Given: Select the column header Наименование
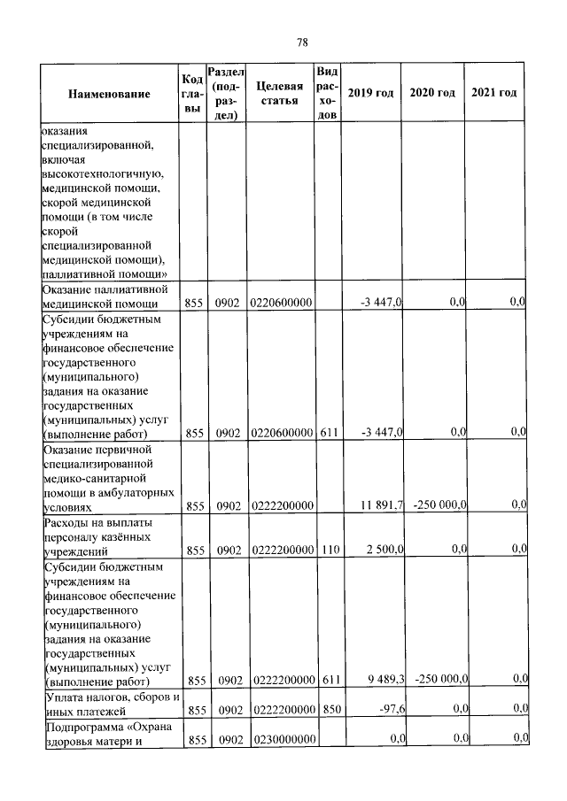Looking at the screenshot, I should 109,94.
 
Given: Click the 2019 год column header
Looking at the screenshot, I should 370,94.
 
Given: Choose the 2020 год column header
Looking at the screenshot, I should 432,94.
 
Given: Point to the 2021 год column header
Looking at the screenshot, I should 494,94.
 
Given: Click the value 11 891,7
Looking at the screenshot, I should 382,504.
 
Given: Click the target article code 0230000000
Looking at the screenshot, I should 281,739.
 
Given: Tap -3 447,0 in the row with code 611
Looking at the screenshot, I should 383,432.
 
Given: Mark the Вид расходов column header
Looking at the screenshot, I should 327,94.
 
